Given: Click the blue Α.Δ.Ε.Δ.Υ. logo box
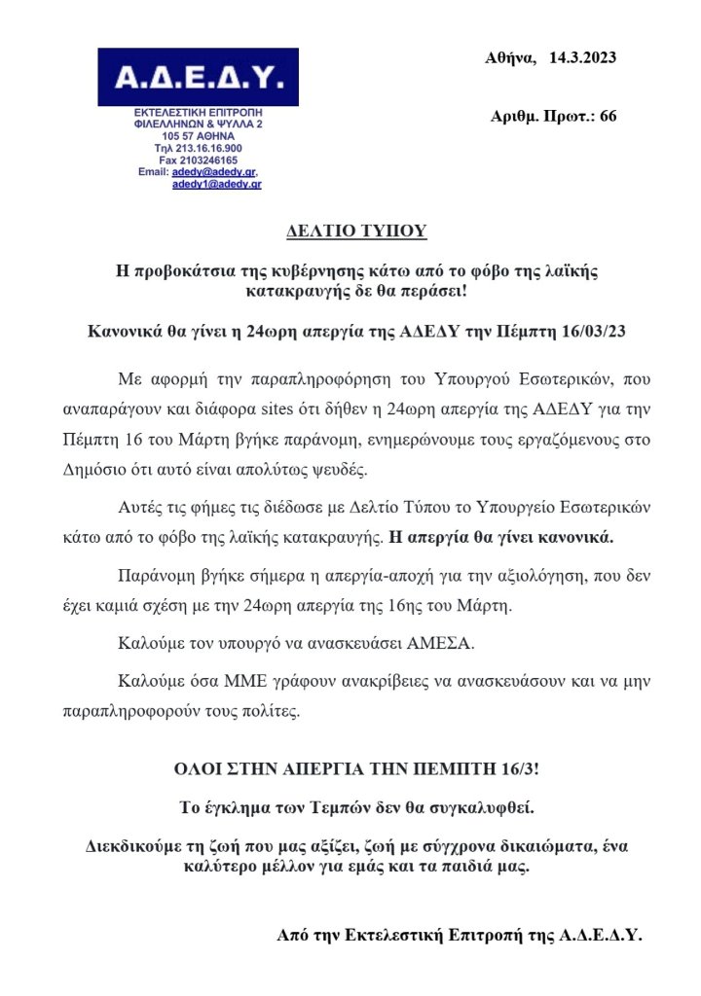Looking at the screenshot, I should [198, 77].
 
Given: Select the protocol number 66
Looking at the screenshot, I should [608, 117].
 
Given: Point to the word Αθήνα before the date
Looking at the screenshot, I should [510, 58].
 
